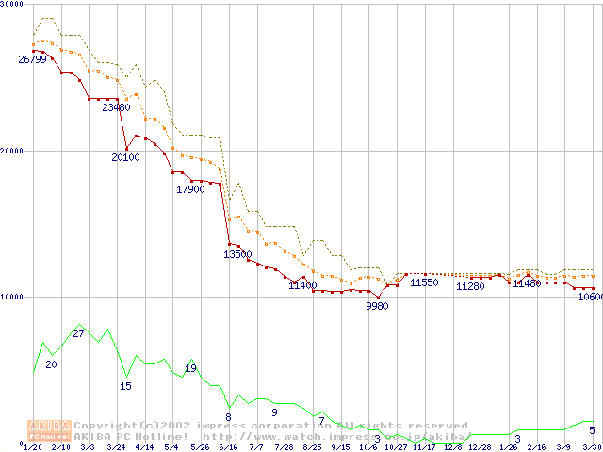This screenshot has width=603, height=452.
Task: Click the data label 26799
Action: [x=32, y=59]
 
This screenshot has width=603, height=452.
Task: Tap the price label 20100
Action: [x=125, y=157]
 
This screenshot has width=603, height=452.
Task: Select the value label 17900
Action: [x=190, y=189]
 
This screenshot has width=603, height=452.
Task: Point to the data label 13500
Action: [x=237, y=254]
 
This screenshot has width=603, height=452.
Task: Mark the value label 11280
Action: [x=470, y=286]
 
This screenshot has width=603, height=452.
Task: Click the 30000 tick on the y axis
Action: [x=12, y=5]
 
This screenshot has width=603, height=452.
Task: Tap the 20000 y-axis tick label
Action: [x=12, y=151]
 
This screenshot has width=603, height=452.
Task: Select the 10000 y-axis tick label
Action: [x=12, y=297]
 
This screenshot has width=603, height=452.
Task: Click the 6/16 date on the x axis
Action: [x=228, y=447]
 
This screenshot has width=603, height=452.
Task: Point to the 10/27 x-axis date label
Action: [x=395, y=447]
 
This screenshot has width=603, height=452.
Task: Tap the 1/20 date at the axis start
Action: [x=33, y=447]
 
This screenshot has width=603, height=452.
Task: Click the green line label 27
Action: [x=79, y=333]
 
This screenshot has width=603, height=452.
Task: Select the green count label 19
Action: [x=191, y=367]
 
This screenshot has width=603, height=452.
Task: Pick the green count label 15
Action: [x=126, y=385]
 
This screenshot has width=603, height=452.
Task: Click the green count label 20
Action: [x=51, y=364]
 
